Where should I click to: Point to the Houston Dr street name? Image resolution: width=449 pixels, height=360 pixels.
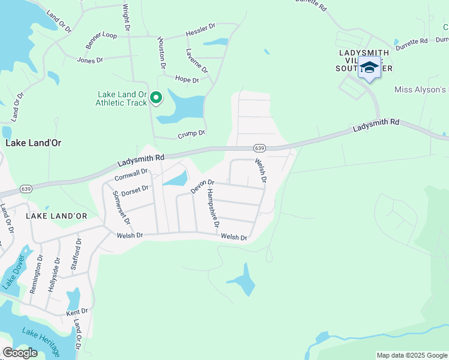point(161,53)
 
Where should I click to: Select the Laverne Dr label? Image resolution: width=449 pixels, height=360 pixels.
point(197,61)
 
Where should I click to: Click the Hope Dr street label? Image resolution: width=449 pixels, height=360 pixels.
point(186,79)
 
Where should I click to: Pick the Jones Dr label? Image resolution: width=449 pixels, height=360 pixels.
point(91,59)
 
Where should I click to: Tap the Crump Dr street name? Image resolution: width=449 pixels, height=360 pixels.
point(191,134)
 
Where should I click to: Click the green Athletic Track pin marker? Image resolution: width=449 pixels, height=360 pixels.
point(156,97)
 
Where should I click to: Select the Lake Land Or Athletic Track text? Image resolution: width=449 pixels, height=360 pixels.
point(121,98)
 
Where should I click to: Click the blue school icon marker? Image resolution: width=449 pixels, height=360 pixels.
point(369,67)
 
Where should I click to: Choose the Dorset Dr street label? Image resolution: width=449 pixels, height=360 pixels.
point(134,191)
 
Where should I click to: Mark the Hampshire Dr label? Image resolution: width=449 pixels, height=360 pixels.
point(212,208)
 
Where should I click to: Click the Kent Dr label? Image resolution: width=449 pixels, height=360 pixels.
point(77,312)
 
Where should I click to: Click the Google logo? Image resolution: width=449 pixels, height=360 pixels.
point(20,353)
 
